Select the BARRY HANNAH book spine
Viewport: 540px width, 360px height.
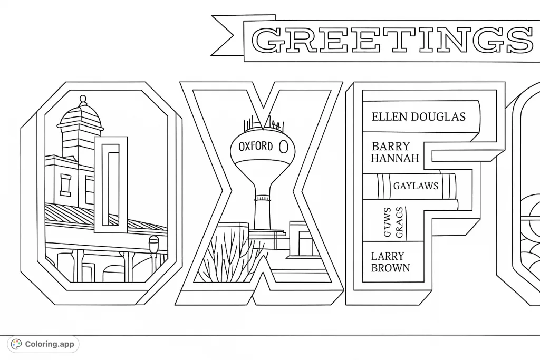tap(396, 152)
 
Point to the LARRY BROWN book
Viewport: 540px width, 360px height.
tap(391, 262)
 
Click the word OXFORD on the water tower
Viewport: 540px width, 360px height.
tap(256, 146)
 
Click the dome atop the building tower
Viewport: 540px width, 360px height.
tap(82, 113)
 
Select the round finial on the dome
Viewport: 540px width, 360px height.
tap(82, 99)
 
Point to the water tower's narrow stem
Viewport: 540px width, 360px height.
tap(263, 211)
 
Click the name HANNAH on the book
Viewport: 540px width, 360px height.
tap(395, 158)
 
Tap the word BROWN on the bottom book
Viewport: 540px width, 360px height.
tap(390, 268)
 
